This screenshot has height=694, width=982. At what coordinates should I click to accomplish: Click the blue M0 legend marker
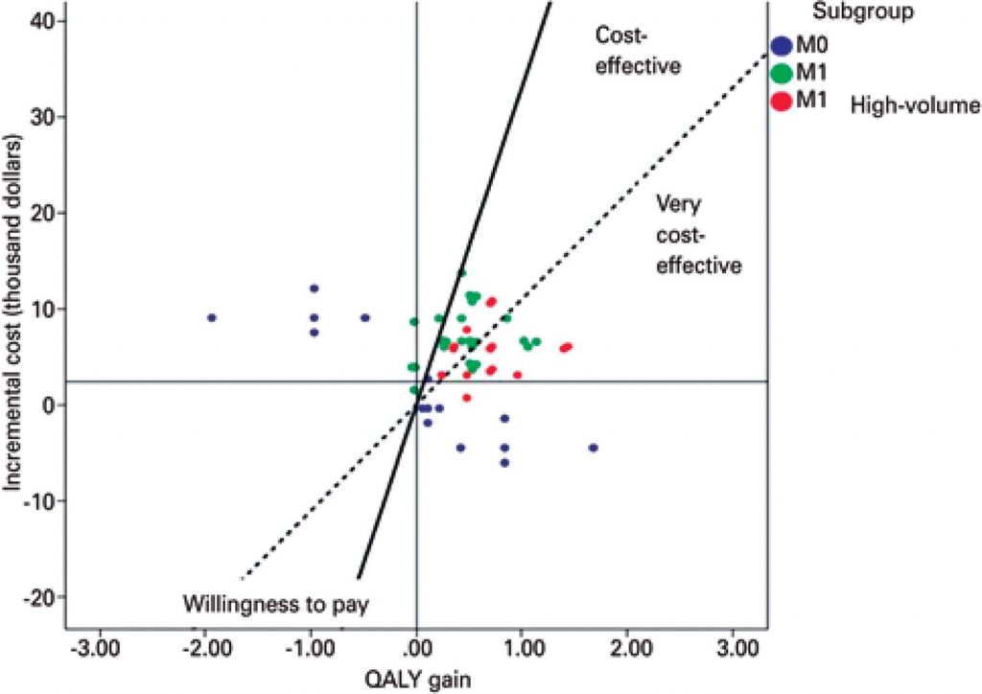[783, 45]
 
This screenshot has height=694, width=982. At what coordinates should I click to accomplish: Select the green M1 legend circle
[783, 73]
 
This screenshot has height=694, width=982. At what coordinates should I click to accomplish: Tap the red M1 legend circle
[783, 100]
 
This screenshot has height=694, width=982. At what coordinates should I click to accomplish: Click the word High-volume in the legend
[915, 106]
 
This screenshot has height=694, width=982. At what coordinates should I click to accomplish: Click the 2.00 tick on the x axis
[627, 649]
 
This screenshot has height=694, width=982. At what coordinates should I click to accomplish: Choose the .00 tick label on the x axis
[417, 649]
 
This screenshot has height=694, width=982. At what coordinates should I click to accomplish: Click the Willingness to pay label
[276, 604]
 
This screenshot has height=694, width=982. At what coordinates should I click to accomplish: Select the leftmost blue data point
[212, 317]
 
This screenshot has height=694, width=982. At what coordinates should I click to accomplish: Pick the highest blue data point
[314, 289]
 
